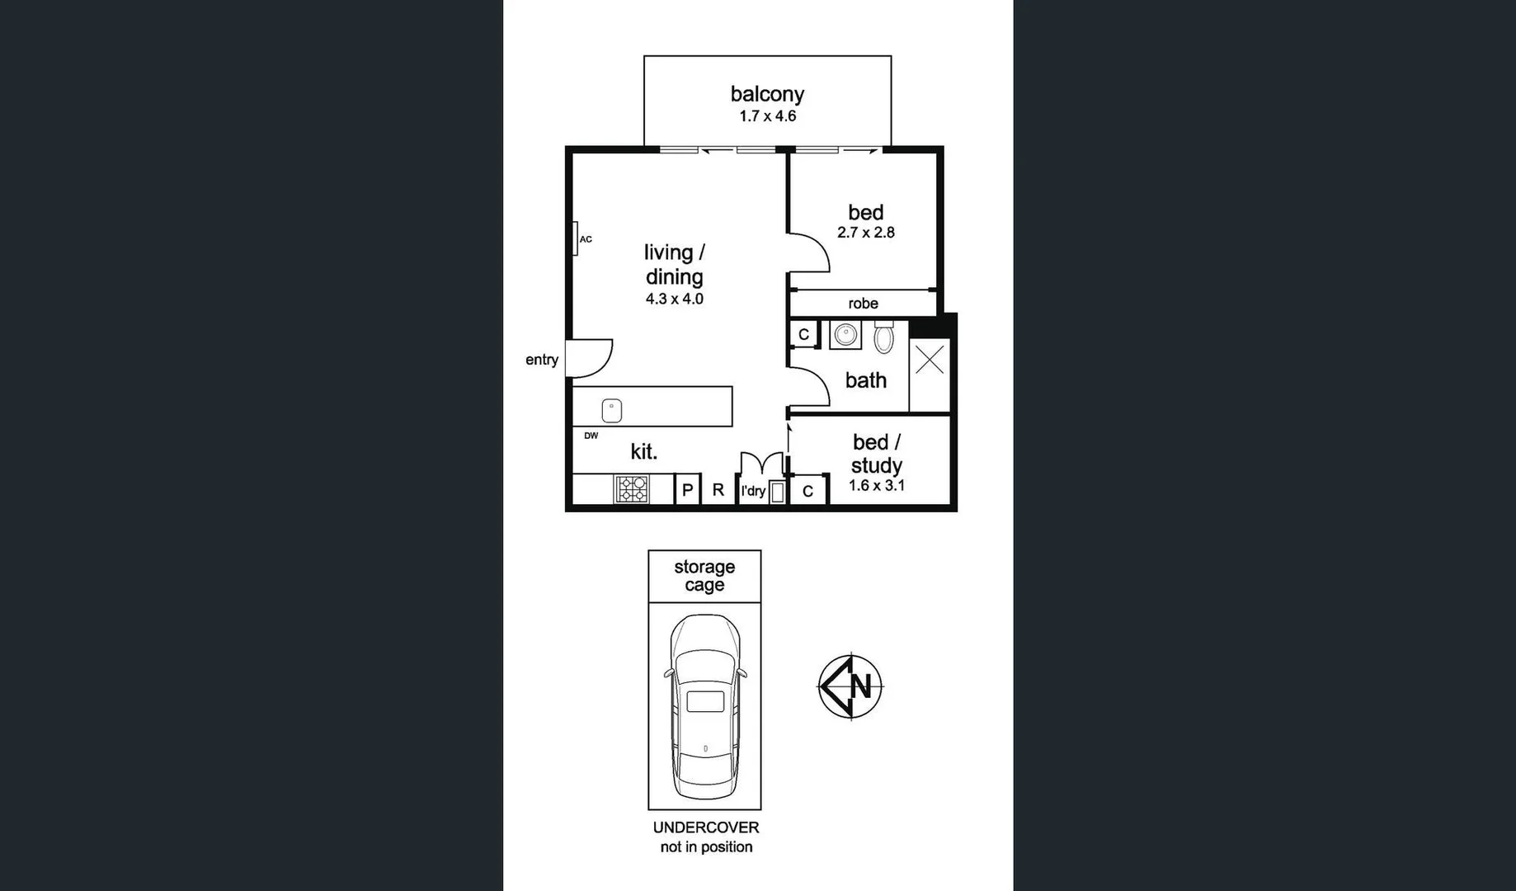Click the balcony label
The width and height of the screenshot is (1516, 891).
pyautogui.click(x=767, y=94)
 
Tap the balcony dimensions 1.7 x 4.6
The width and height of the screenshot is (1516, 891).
pyautogui.click(x=767, y=116)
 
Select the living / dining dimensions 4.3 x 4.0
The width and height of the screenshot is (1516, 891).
pyautogui.click(x=674, y=299)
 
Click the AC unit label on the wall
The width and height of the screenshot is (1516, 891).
pyautogui.click(x=585, y=239)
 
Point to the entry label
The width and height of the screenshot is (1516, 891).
pyautogui.click(x=542, y=360)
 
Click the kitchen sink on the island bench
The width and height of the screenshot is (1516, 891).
pyautogui.click(x=612, y=410)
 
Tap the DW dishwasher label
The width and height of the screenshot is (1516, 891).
pyautogui.click(x=591, y=436)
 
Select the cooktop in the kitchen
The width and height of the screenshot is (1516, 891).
pyautogui.click(x=632, y=489)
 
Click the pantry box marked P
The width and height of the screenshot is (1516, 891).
pyautogui.click(x=687, y=490)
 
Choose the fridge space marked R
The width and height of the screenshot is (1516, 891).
pyautogui.click(x=718, y=490)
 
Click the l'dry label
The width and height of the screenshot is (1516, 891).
pyautogui.click(x=753, y=491)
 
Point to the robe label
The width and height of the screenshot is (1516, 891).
pyautogui.click(x=863, y=304)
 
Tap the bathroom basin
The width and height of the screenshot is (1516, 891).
pyautogui.click(x=845, y=335)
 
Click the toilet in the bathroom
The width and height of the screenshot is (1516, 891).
pyautogui.click(x=883, y=337)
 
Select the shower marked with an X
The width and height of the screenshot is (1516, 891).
pyautogui.click(x=930, y=361)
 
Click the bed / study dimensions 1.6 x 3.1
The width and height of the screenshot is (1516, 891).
pyautogui.click(x=877, y=486)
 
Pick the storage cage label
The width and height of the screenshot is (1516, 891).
pyautogui.click(x=704, y=576)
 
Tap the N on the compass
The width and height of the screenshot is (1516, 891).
pyautogui.click(x=862, y=686)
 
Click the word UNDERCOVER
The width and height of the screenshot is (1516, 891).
pyautogui.click(x=706, y=827)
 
